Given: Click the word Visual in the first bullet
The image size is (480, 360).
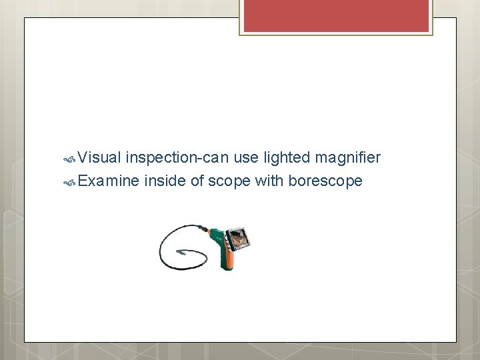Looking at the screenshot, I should pyautogui.click(x=99, y=158).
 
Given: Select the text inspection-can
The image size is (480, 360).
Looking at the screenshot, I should pyautogui.click(x=177, y=158).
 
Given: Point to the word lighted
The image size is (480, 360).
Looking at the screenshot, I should pyautogui.click(x=287, y=158).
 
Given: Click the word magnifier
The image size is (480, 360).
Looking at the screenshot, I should pyautogui.click(x=347, y=158).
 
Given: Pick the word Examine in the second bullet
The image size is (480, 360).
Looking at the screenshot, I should pyautogui.click(x=109, y=180).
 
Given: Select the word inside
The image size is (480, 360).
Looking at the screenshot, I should pyautogui.click(x=165, y=180).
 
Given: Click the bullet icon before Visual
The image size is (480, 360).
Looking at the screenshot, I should pyautogui.click(x=69, y=159).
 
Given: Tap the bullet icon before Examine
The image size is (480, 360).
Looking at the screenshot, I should pyautogui.click(x=69, y=181).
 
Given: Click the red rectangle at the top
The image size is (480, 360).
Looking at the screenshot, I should pyautogui.click(x=335, y=15).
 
